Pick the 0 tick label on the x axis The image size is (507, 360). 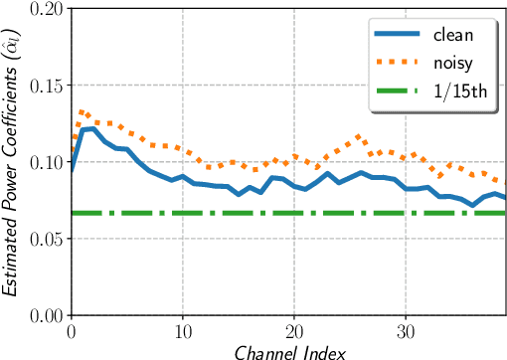(71, 331)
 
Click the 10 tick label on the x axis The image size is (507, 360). (182, 331)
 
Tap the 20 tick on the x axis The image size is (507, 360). (294, 331)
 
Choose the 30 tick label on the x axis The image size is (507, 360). (406, 331)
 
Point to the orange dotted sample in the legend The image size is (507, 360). (396, 64)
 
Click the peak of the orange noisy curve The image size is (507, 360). (82, 111)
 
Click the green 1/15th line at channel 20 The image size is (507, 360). (294, 213)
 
